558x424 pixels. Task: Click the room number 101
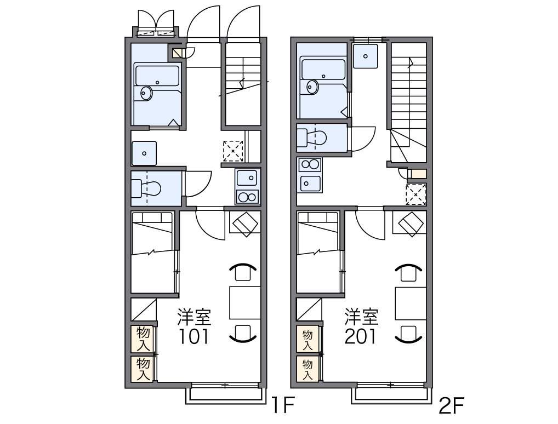click(x=193, y=336)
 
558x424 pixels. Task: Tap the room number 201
click(x=360, y=336)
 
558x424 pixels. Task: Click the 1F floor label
click(x=283, y=405)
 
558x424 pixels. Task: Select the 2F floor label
click(x=452, y=405)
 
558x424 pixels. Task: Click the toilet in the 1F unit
click(x=146, y=188)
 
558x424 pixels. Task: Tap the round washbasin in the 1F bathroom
click(x=146, y=94)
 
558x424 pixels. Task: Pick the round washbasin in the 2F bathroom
click(x=312, y=87)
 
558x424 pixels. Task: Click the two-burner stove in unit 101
click(x=248, y=197)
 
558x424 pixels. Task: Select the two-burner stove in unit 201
click(x=310, y=165)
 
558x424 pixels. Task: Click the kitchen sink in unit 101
click(x=248, y=178)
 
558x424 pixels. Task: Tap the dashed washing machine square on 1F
click(x=233, y=151)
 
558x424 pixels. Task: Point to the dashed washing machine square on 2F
click(x=416, y=194)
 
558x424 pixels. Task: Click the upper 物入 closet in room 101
click(x=142, y=339)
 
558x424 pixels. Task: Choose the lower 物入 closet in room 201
click(x=308, y=369)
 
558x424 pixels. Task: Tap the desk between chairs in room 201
click(x=411, y=303)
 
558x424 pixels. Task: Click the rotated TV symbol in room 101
click(x=245, y=224)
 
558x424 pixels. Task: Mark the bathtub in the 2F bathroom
click(x=323, y=70)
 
